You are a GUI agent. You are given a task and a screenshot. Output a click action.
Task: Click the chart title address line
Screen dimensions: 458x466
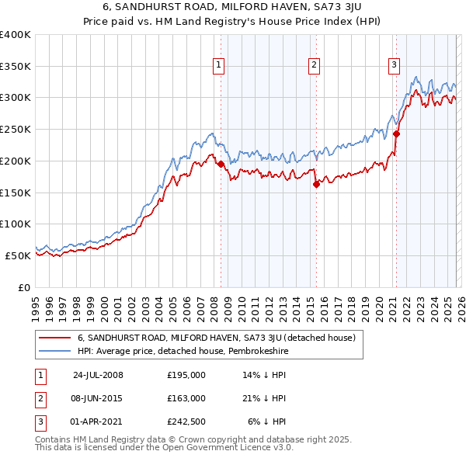(x=232, y=7)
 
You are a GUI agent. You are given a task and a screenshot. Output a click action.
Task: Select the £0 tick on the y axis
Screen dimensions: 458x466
(x=23, y=287)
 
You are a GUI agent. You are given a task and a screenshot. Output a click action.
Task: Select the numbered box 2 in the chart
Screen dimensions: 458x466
(x=315, y=65)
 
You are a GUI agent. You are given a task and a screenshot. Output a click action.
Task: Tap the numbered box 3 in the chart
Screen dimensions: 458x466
(x=395, y=65)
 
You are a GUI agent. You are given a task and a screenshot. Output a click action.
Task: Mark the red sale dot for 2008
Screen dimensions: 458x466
(x=221, y=164)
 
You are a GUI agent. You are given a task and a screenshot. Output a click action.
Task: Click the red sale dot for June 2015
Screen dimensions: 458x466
(x=316, y=184)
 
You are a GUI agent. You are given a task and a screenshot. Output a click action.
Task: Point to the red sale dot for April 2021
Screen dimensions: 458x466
(x=396, y=134)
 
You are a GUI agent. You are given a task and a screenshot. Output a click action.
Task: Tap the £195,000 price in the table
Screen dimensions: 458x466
(x=186, y=374)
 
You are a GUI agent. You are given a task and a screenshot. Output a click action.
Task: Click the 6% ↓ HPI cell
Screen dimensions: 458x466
(x=266, y=422)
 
